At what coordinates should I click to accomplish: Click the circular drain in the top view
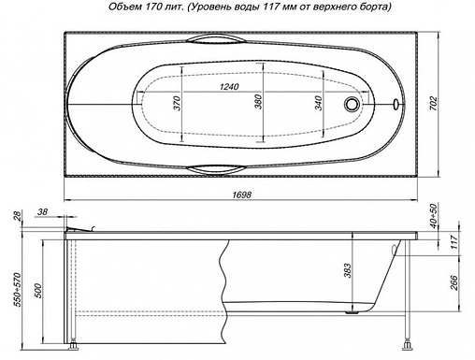(x=353, y=104)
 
